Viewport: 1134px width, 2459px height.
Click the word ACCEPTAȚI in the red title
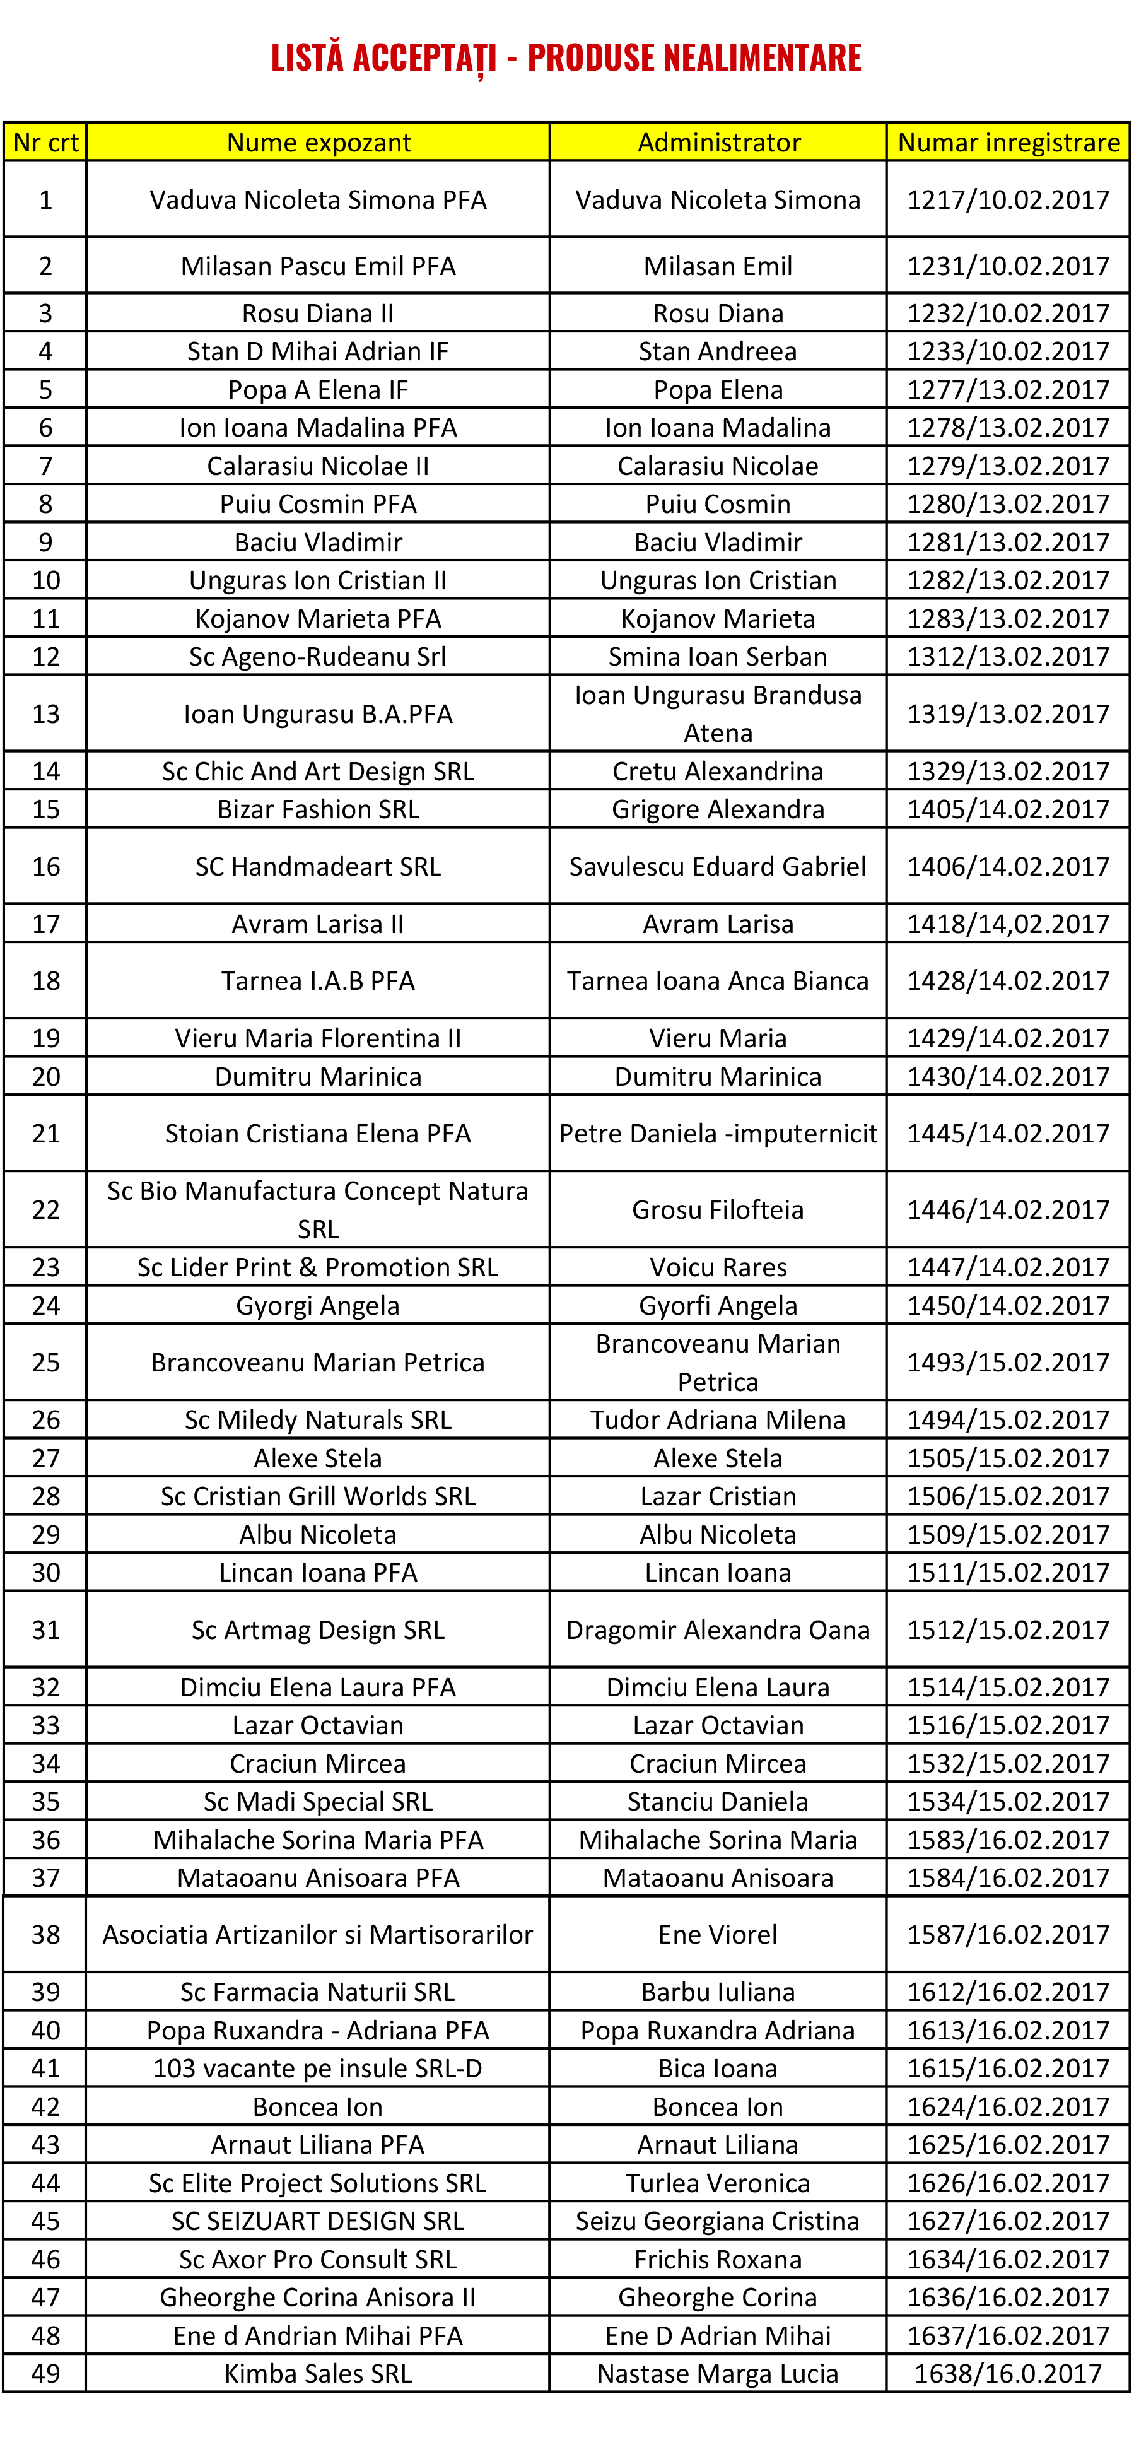pos(424,58)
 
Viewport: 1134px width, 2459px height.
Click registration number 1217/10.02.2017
pos(1008,199)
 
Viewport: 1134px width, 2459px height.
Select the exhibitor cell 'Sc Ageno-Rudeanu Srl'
pos(318,657)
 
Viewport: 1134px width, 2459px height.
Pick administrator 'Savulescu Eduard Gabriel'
pos(718,867)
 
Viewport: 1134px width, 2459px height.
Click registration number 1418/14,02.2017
pos(1008,924)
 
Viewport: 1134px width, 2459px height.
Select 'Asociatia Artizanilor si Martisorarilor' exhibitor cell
pos(318,1934)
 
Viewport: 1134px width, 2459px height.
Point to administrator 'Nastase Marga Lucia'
pos(718,2373)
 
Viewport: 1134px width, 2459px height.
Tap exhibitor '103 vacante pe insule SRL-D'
pos(318,2068)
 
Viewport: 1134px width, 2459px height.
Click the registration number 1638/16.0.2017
pos(1008,2373)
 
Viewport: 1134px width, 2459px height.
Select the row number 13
pos(46,714)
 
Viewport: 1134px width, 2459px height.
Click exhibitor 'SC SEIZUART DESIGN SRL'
pos(318,2221)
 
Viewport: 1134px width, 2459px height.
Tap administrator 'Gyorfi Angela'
pos(718,1305)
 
